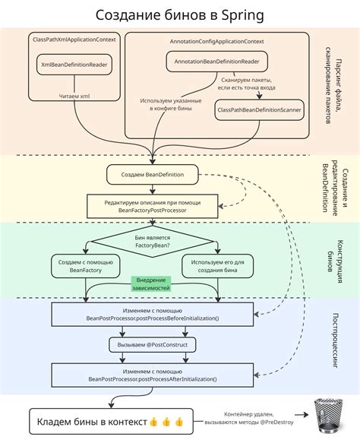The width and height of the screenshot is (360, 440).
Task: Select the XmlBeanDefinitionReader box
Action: (74, 66)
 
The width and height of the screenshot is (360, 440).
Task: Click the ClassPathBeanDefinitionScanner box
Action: (258, 110)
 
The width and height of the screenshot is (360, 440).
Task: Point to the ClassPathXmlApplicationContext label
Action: (74, 39)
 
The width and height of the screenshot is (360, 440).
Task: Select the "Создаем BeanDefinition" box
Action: (151, 175)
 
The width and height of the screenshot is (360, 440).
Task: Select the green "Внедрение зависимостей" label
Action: (152, 283)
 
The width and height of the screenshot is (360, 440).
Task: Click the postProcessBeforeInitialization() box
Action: (152, 313)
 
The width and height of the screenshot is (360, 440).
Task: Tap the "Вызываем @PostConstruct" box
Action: (152, 344)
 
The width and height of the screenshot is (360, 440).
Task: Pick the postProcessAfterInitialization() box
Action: (152, 374)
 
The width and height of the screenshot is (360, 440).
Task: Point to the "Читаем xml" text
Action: (74, 96)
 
